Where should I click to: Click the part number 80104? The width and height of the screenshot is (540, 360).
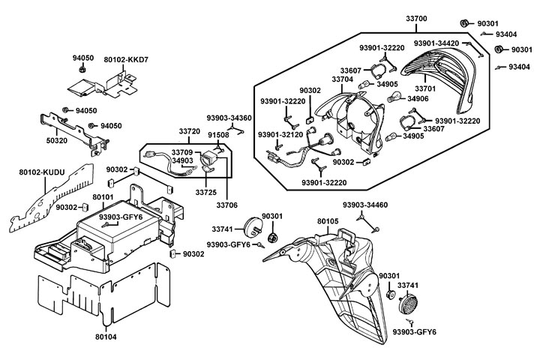click(106, 337)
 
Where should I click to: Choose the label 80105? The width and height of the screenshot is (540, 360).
click(328, 222)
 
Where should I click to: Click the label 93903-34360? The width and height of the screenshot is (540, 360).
click(229, 118)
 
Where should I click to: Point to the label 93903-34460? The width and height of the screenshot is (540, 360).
click(365, 205)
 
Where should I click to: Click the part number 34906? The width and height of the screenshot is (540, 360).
click(418, 98)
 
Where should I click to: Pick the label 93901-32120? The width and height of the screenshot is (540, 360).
click(280, 134)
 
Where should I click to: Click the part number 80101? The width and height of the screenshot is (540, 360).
click(102, 198)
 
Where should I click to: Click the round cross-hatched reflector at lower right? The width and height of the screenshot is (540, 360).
click(408, 303)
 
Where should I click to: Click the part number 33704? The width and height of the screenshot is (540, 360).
click(342, 78)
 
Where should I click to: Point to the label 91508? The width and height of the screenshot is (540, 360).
click(218, 135)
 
